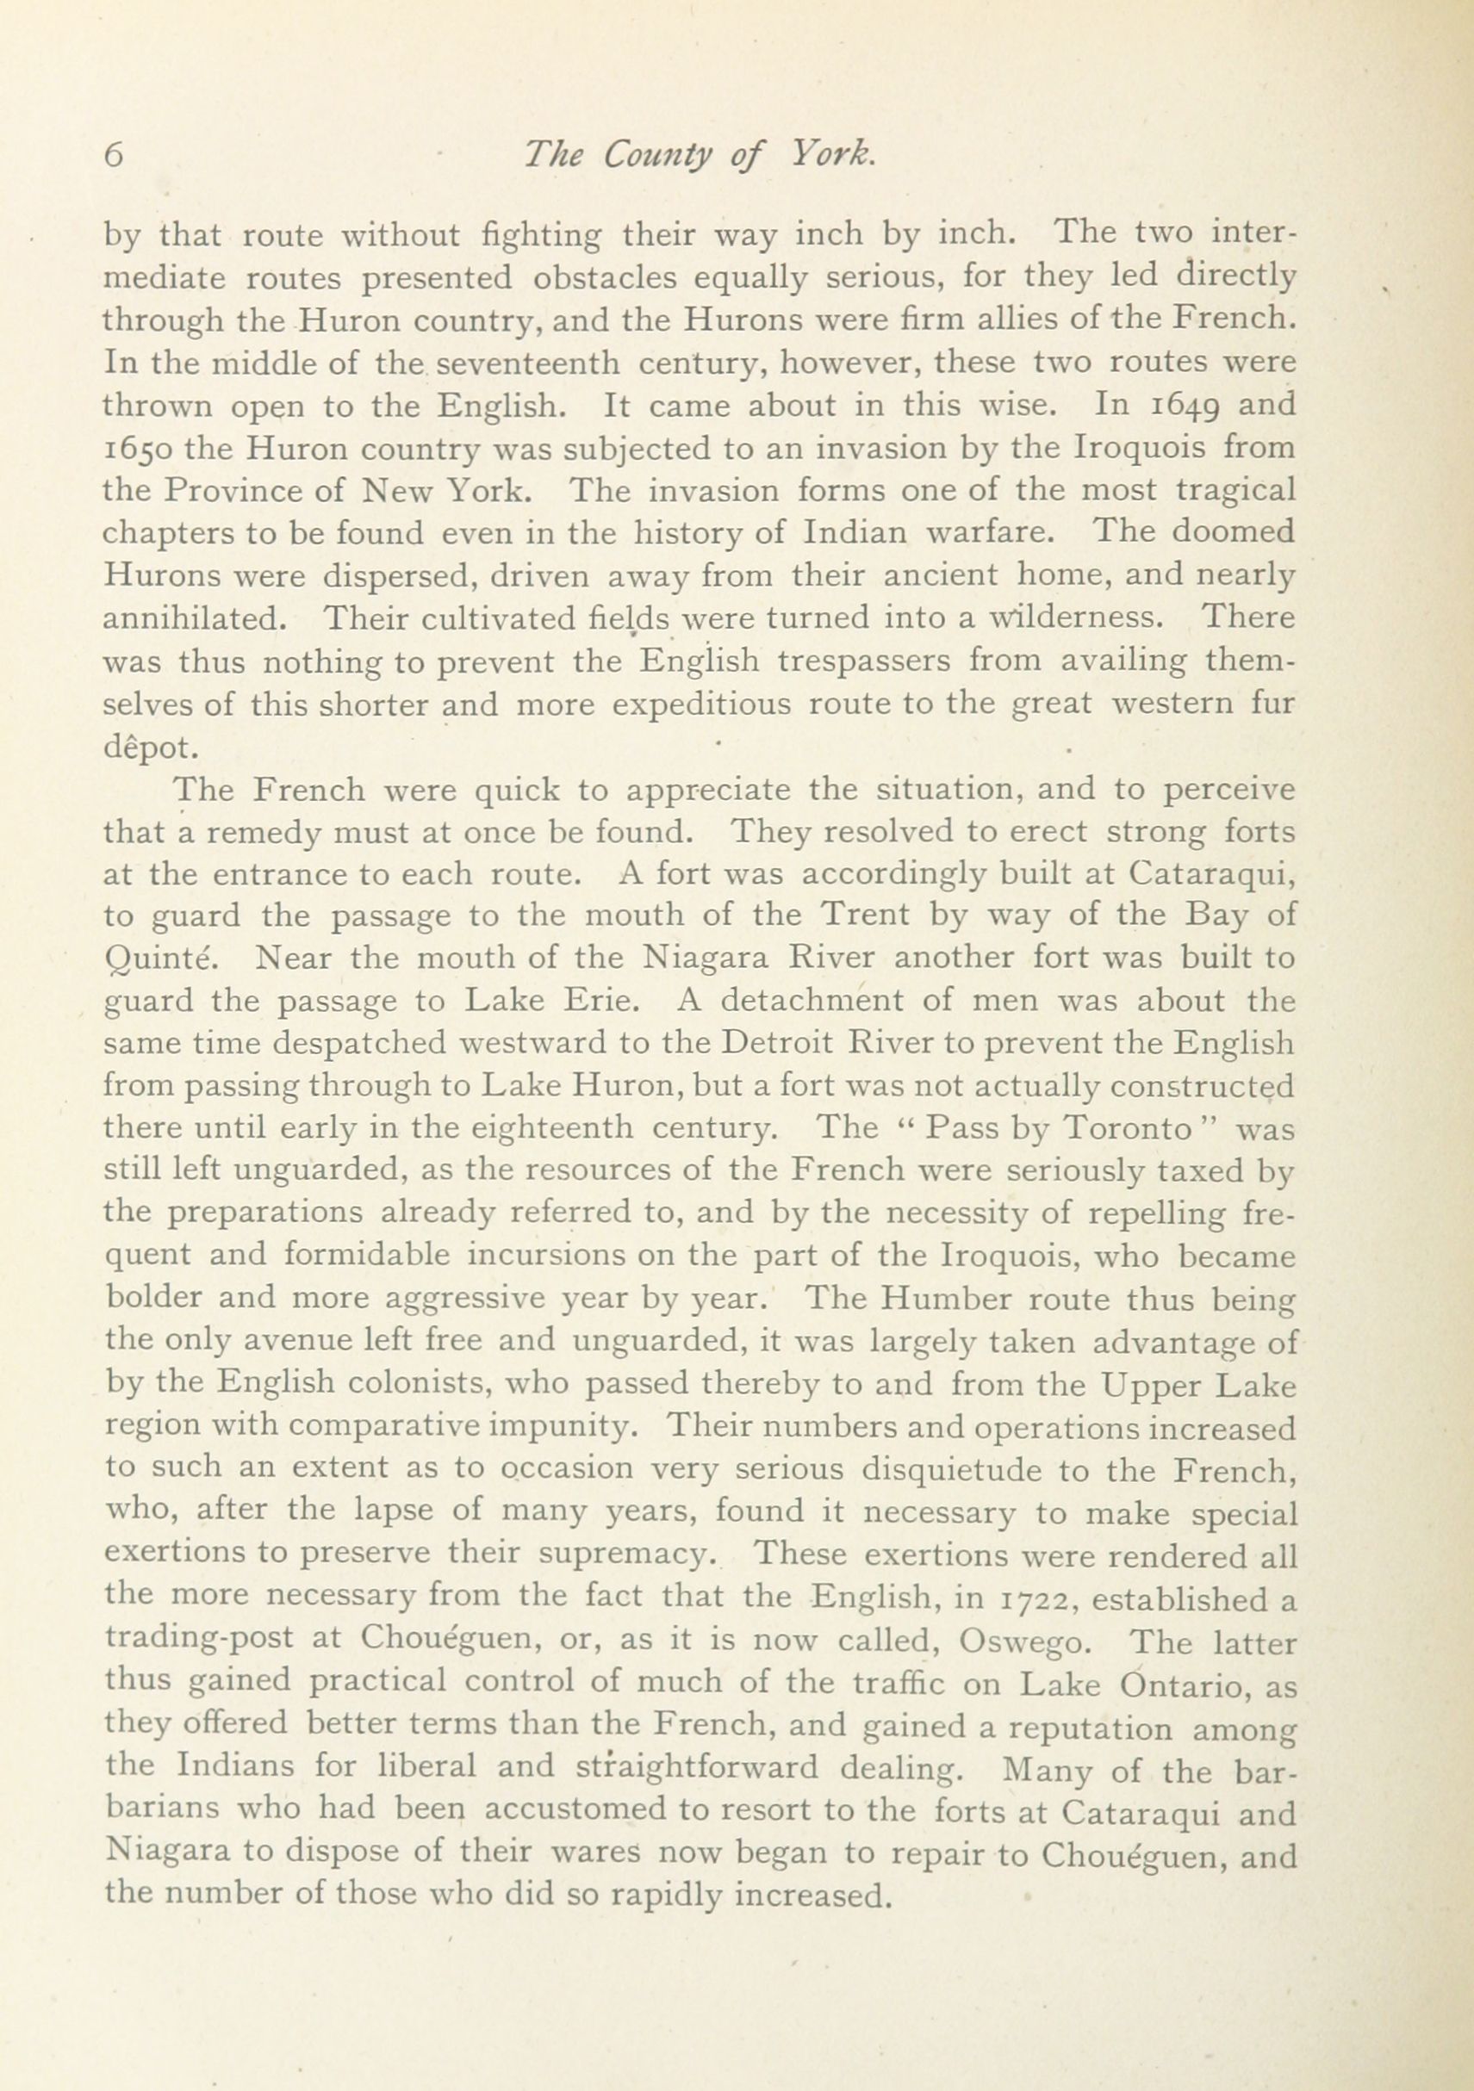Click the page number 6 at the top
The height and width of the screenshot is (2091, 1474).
[x=114, y=156]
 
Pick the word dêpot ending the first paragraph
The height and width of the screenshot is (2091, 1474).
[x=147, y=747]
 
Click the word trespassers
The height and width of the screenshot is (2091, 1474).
[x=862, y=662]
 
